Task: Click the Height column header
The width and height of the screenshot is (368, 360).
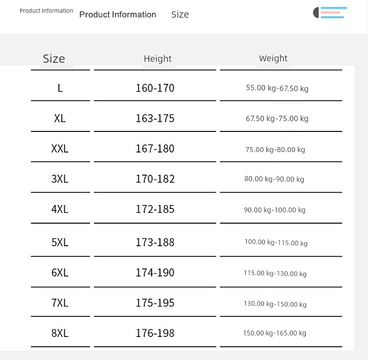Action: point(158,59)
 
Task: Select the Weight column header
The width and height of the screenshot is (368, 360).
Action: point(273,58)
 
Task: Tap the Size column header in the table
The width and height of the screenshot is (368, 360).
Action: point(54,59)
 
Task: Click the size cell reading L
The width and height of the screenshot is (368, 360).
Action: point(60,88)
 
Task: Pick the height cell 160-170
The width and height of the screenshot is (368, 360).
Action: point(155,88)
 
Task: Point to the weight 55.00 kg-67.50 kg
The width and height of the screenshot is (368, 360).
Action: point(277,88)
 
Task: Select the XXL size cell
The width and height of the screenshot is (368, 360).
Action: point(60,149)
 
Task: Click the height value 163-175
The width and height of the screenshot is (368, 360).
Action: point(155,119)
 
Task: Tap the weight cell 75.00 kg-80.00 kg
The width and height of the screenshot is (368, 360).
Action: point(275,150)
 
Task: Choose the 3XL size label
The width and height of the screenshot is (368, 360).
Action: point(60,179)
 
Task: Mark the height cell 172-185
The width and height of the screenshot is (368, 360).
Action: point(155,209)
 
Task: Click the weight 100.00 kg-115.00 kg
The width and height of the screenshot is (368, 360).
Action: point(276,242)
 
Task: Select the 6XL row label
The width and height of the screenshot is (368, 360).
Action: point(60,273)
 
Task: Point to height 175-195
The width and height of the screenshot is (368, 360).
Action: point(155,303)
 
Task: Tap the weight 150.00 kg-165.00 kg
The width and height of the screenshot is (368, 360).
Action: point(275,334)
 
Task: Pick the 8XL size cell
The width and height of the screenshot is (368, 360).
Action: point(60,334)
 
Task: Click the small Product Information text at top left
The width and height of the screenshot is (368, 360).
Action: point(47,11)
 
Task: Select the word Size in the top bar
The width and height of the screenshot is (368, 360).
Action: point(180,15)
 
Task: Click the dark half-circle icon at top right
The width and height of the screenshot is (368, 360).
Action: point(316,13)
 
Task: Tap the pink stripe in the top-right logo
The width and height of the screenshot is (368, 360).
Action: point(331,12)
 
